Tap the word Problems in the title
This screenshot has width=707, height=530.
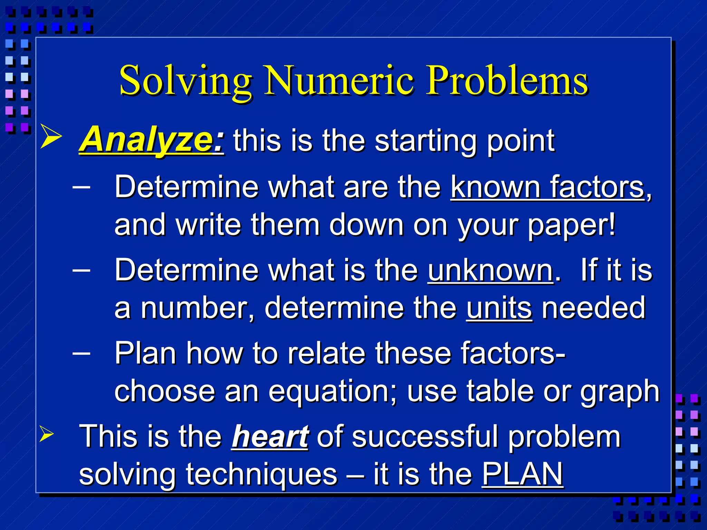(507, 81)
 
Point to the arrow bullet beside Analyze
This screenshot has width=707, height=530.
(51, 136)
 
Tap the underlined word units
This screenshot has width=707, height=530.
(499, 308)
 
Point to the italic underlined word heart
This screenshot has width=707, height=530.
(270, 436)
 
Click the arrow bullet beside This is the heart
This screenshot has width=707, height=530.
(47, 433)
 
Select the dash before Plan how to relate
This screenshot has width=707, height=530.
(82, 353)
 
